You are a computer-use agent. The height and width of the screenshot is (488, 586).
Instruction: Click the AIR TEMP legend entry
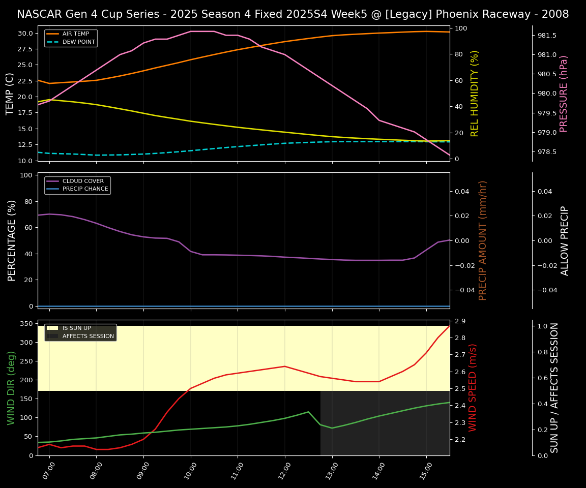75,34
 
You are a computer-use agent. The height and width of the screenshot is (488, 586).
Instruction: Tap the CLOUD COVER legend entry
82,181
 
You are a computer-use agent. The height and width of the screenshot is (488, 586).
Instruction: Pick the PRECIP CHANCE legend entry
85,189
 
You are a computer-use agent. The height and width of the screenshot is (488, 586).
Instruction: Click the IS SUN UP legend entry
76,328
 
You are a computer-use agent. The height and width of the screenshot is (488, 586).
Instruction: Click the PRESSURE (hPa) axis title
564,94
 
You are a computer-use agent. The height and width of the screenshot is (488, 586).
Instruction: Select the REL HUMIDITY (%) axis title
475,94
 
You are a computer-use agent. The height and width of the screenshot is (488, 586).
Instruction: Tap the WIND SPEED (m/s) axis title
473,387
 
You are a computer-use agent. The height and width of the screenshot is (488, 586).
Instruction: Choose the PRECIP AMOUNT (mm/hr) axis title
483,240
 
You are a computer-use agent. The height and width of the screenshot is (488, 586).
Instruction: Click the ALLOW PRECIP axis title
565,240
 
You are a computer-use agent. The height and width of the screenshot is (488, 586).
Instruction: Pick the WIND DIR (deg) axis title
12,387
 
